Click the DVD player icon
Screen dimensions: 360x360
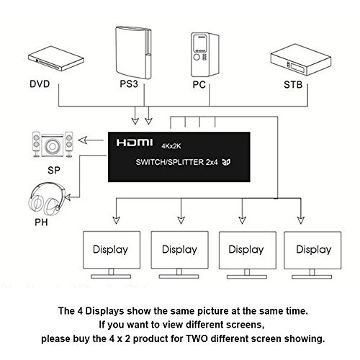click(56, 58)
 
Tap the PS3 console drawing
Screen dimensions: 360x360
click(133, 53)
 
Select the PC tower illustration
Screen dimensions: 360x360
click(205, 55)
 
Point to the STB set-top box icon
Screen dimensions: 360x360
click(301, 60)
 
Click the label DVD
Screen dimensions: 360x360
click(40, 84)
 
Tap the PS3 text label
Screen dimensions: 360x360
click(129, 84)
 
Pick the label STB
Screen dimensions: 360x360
click(293, 84)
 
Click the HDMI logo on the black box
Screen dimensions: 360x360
click(135, 143)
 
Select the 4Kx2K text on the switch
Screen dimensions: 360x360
click(171, 146)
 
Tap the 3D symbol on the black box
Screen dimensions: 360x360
click(226, 162)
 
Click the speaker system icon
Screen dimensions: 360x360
click(53, 145)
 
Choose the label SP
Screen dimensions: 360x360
click(54, 170)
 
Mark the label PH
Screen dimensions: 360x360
click(41, 222)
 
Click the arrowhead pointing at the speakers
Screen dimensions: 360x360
click(83, 140)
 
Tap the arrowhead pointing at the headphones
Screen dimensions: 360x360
click(68, 197)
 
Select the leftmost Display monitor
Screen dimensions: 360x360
click(112, 255)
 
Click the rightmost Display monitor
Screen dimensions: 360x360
click(312, 255)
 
